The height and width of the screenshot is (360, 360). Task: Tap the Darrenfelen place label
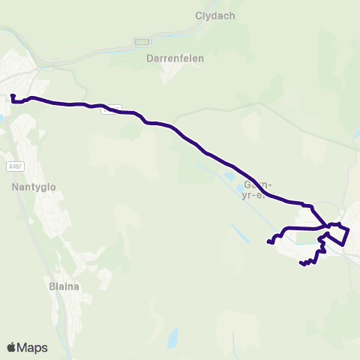175,57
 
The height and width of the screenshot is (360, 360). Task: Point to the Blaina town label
64,286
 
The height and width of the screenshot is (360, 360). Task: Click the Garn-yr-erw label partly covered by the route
255,190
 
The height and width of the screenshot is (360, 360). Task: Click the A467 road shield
13,166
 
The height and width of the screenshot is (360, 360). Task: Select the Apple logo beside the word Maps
11,347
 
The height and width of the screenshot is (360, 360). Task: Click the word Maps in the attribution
32,347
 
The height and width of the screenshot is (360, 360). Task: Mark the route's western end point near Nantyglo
13,96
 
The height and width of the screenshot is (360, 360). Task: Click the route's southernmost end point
301,263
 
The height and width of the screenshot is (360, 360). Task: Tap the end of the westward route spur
268,241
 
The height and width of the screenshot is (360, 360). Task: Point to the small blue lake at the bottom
173,339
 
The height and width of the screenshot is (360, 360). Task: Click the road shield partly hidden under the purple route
109,109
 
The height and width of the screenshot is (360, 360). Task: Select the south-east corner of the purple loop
344,244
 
